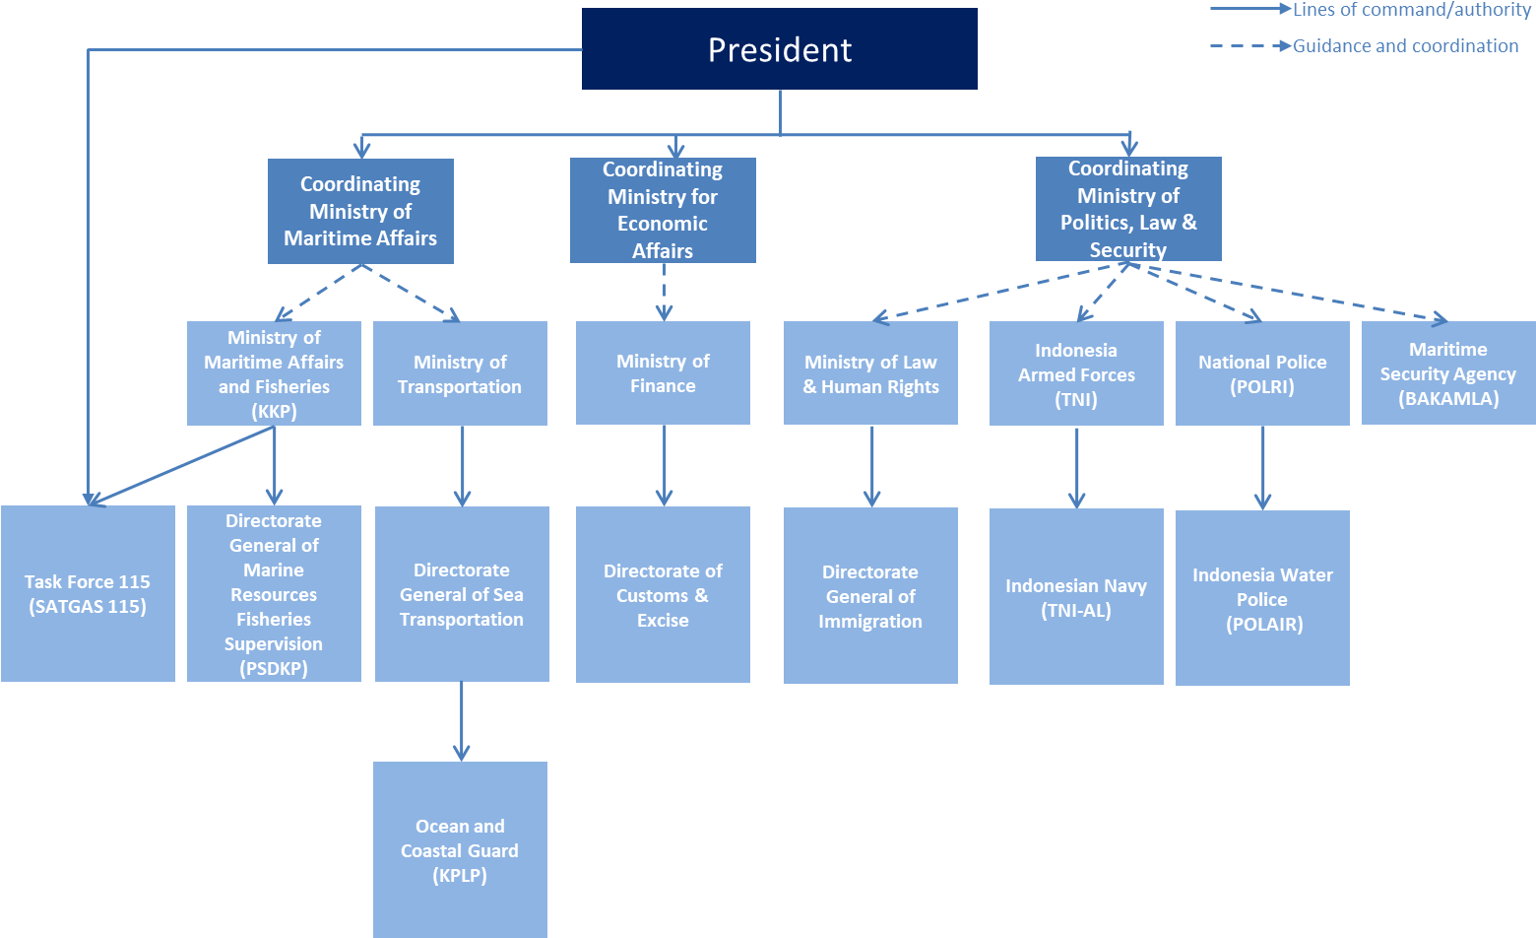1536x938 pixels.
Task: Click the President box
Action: pyautogui.click(x=779, y=49)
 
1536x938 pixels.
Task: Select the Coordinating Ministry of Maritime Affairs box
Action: pyautogui.click(x=360, y=211)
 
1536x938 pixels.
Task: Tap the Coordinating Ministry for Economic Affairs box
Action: pyautogui.click(x=663, y=210)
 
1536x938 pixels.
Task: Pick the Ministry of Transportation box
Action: pyautogui.click(x=460, y=373)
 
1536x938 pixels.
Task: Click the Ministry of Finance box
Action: pyautogui.click(x=663, y=372)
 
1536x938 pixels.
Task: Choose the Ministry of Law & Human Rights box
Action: pyautogui.click(x=870, y=373)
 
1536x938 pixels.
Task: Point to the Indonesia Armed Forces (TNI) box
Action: pyautogui.click(x=1076, y=373)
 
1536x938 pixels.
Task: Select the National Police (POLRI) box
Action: pyautogui.click(x=1262, y=373)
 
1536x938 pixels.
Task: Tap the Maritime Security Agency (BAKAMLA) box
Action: pyautogui.click(x=1448, y=372)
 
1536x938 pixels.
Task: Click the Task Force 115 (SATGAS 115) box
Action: pyautogui.click(x=88, y=593)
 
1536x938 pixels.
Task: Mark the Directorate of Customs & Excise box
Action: pyautogui.click(x=663, y=594)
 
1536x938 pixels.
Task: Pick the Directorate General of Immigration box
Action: pyautogui.click(x=870, y=595)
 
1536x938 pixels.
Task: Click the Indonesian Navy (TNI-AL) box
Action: pyautogui.click(x=1076, y=597)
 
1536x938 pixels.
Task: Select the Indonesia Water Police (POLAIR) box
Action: pyautogui.click(x=1262, y=598)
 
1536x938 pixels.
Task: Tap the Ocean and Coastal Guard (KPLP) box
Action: pyautogui.click(x=460, y=849)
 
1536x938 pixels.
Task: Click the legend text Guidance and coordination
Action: pyautogui.click(x=1405, y=45)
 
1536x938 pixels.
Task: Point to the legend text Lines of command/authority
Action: pyautogui.click(x=1411, y=10)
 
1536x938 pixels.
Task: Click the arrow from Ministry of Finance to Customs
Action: pyautogui.click(x=665, y=465)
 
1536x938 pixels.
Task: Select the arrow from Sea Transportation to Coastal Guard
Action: pyautogui.click(x=461, y=721)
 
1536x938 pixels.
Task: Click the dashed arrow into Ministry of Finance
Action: pyautogui.click(x=664, y=292)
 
